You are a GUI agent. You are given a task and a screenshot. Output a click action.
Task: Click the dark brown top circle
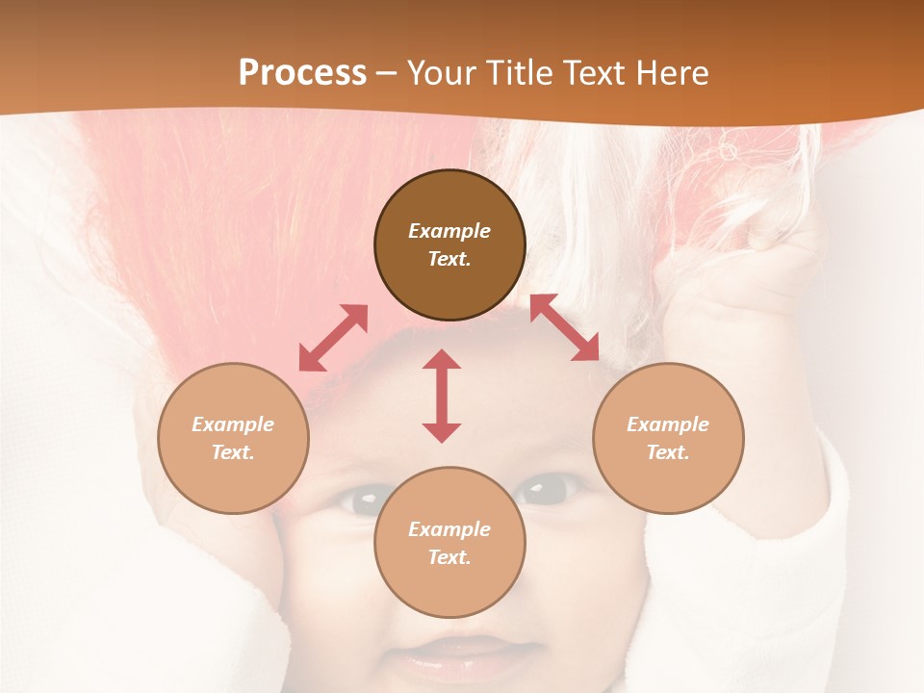(449, 244)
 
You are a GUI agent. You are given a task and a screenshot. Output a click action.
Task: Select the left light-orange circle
(233, 438)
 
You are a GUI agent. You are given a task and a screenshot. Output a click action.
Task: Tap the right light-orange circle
(668, 438)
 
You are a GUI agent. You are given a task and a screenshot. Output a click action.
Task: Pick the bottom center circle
(449, 543)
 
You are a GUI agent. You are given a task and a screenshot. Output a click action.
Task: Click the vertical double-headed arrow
(442, 396)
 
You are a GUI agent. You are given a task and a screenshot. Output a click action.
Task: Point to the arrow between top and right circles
(565, 327)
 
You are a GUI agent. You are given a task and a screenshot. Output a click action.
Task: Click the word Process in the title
(302, 72)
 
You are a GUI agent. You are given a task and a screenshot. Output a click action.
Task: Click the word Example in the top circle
(449, 231)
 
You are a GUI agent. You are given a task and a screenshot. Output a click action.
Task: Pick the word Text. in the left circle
(233, 452)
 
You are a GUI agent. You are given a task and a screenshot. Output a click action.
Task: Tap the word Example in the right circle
(668, 424)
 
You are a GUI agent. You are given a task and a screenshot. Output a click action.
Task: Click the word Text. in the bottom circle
(449, 557)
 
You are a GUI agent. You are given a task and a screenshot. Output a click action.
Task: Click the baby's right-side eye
(546, 490)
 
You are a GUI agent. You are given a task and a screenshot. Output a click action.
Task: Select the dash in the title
(386, 73)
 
